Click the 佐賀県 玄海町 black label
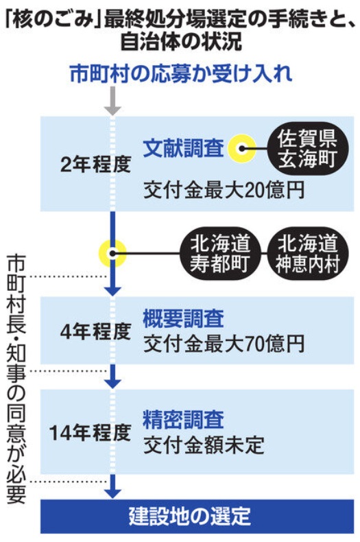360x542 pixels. click(x=307, y=149)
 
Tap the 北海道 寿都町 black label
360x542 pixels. click(x=220, y=254)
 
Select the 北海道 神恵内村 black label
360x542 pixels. click(x=307, y=254)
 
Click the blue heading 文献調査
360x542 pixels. click(x=184, y=148)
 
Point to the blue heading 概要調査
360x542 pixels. click(x=184, y=318)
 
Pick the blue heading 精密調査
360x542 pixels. click(x=184, y=419)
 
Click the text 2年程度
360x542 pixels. click(x=96, y=164)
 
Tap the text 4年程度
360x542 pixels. click(x=96, y=332)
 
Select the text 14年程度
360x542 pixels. click(x=91, y=432)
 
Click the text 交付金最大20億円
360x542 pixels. click(x=224, y=190)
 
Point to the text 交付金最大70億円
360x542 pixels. click(x=224, y=344)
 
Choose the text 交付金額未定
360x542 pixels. click(x=204, y=445)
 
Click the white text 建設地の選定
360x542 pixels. click(x=190, y=517)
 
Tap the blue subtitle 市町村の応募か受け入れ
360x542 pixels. click(x=181, y=73)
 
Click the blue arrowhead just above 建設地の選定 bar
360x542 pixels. click(x=112, y=493)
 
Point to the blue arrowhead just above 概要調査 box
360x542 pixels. click(x=112, y=291)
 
